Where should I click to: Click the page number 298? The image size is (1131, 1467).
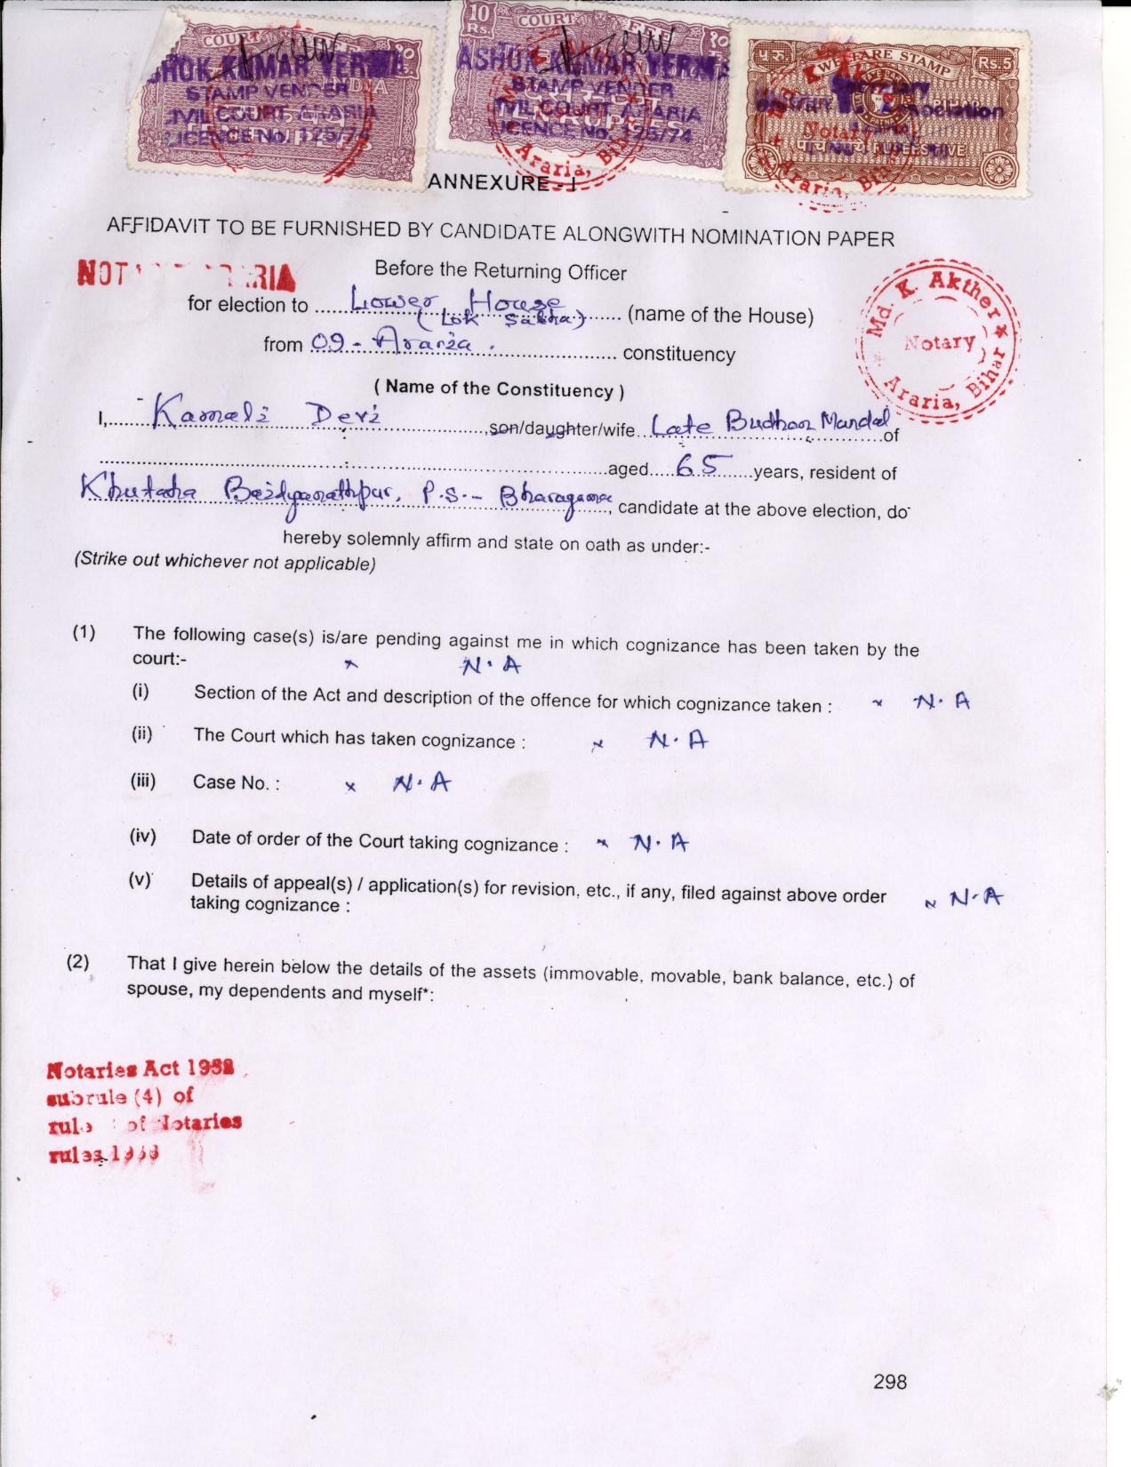(890, 1381)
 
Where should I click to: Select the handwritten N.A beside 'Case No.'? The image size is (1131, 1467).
(421, 783)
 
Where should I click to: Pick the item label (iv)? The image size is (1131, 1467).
(142, 836)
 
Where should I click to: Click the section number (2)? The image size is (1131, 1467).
(78, 961)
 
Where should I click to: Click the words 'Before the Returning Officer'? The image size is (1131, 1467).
(500, 270)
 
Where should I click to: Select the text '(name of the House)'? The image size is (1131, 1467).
(720, 316)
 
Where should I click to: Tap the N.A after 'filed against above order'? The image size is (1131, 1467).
(975, 899)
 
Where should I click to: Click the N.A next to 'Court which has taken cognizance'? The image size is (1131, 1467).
(677, 740)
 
